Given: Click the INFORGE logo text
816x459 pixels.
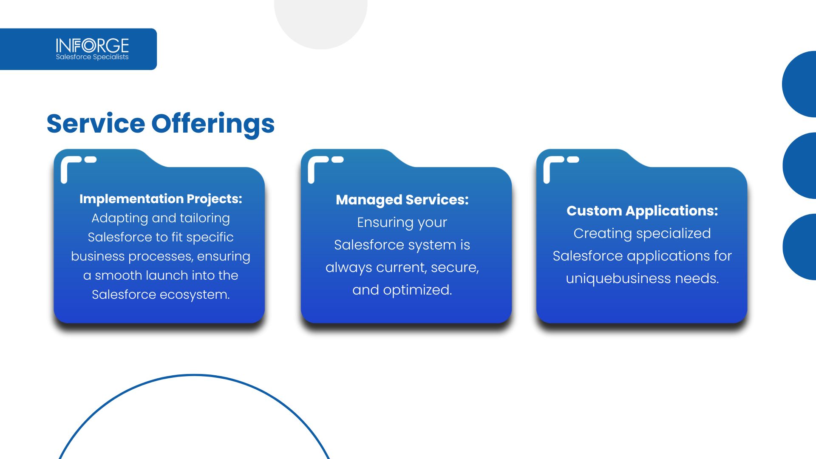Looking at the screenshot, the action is pyautogui.click(x=92, y=45).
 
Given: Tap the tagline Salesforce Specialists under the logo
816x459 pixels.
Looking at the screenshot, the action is pyautogui.click(x=92, y=57).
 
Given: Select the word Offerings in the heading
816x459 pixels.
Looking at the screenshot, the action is pyautogui.click(x=213, y=125).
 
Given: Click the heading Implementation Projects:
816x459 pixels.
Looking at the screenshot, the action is pyautogui.click(x=161, y=199).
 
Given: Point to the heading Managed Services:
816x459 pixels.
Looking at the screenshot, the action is pyautogui.click(x=402, y=200).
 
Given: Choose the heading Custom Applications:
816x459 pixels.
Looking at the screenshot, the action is pyautogui.click(x=642, y=211).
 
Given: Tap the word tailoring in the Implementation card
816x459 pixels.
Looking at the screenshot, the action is pyautogui.click(x=205, y=218).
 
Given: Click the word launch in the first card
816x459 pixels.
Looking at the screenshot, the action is pyautogui.click(x=167, y=275).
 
